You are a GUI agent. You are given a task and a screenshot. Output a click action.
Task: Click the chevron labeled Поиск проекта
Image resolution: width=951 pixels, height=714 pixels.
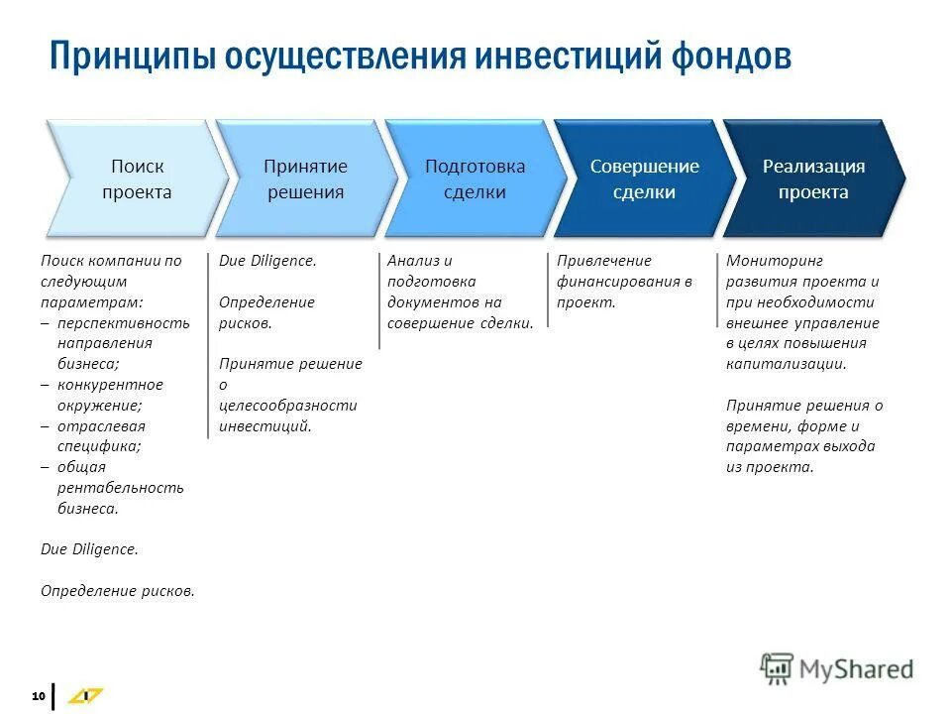137,179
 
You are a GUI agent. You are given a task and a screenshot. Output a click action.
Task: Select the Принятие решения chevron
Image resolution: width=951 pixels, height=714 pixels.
305,179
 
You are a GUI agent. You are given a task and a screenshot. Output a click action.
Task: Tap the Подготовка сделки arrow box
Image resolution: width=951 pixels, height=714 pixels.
475,179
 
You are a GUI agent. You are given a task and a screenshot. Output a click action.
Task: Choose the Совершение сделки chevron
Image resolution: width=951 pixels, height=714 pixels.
644,179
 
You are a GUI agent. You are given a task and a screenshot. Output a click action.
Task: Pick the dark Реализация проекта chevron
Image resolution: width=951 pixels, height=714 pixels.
812,179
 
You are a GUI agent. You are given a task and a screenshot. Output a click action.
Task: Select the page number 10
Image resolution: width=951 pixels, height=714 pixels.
39,697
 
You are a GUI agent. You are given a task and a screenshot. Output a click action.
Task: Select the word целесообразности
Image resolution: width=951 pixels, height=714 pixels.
287,406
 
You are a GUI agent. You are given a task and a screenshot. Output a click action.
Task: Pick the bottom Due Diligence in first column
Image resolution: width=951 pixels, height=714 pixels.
89,548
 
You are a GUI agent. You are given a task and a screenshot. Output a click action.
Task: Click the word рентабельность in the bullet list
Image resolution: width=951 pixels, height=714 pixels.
120,488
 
